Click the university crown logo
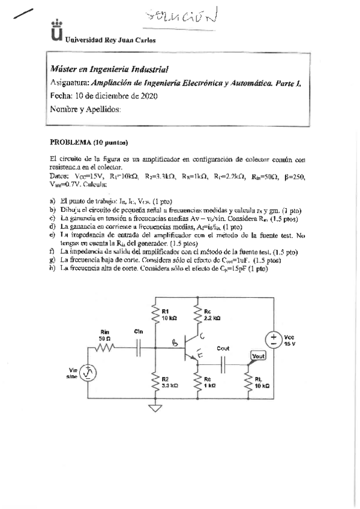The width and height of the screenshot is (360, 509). coord(56,31)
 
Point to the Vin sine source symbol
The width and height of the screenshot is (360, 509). coord(88,373)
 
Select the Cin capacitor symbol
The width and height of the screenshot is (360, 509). coord(140,346)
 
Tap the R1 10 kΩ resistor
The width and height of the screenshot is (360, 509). coord(155,314)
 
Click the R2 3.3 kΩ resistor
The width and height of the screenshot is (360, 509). coord(155,381)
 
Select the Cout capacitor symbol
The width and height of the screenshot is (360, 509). coord(223,363)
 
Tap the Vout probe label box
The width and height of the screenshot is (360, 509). coord(258,356)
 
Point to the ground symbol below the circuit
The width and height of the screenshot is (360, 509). coord(155,409)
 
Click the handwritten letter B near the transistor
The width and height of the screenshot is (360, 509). coord(175,343)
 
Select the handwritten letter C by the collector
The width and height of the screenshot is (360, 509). coord(202,336)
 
